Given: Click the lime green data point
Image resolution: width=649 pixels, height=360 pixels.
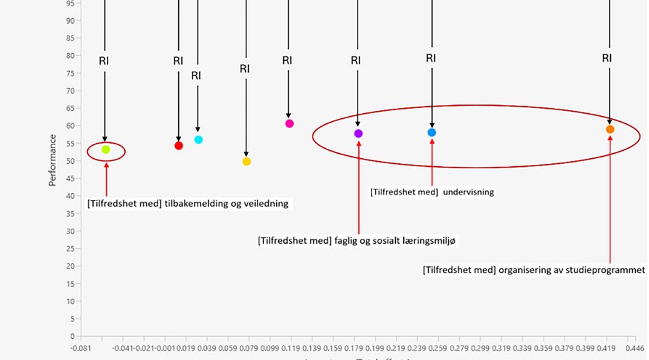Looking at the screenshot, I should coord(106,149).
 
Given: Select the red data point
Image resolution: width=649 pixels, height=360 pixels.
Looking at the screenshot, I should coord(179,146).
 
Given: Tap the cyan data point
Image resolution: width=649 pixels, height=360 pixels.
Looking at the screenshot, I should coord(199,139).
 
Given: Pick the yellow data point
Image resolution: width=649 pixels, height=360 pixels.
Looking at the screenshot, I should coord(246,161).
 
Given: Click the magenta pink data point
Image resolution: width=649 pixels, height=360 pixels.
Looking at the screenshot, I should coord(289,124).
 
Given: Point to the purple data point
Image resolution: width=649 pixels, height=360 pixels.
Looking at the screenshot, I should coord(358,134).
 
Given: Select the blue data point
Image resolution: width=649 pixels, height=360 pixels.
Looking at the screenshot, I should coord(432,132).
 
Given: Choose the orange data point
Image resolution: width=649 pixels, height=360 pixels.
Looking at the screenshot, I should coord(610,129).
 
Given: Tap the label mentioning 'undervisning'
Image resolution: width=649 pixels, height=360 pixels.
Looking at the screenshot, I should coord(432,192).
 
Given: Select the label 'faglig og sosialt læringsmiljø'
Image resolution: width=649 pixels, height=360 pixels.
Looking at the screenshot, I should coord(358,241).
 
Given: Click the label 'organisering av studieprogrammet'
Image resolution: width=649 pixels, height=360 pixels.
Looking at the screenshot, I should coord(533,270).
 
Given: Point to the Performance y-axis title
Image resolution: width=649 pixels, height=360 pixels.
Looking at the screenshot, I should coord(53,161).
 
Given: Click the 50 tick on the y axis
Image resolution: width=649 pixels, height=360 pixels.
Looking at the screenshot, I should coord(71,161).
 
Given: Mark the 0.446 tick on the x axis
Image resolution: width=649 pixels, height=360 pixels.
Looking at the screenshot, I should coord(635,347).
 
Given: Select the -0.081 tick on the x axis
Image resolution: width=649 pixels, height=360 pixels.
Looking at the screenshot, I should coord(81,347).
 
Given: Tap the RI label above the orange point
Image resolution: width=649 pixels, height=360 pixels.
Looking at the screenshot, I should coord(607,58).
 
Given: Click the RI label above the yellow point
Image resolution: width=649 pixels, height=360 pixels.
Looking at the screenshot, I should coord(244,69).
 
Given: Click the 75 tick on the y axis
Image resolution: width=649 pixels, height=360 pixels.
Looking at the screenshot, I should coord(71,73).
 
